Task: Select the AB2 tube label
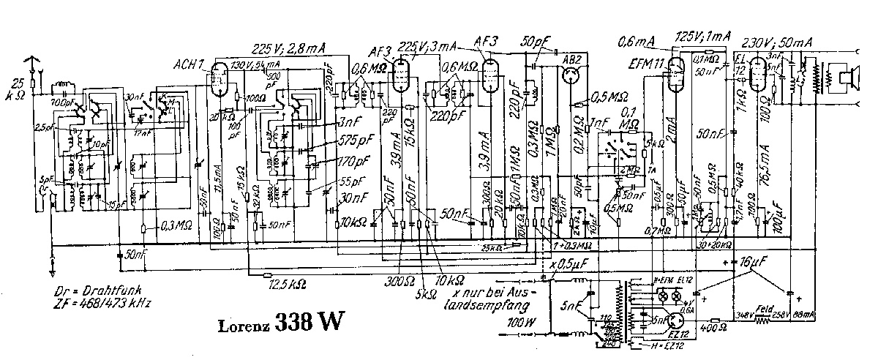tap(571, 58)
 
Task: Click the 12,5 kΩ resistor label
tap(286, 282)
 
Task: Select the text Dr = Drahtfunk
tap(100, 290)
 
